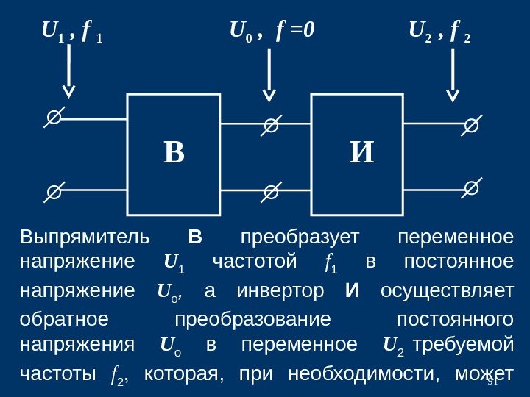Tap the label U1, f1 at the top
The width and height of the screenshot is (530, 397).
[71, 32]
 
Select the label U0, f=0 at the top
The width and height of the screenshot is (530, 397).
[272, 32]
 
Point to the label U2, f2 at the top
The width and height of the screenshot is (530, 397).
[440, 32]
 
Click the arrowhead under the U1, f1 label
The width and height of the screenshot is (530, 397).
[68, 91]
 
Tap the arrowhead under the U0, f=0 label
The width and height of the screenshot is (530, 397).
[269, 96]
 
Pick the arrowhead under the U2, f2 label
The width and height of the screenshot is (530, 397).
[453, 95]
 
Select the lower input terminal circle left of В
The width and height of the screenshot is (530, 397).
[54, 192]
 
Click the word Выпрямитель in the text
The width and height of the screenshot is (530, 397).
[85, 238]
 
